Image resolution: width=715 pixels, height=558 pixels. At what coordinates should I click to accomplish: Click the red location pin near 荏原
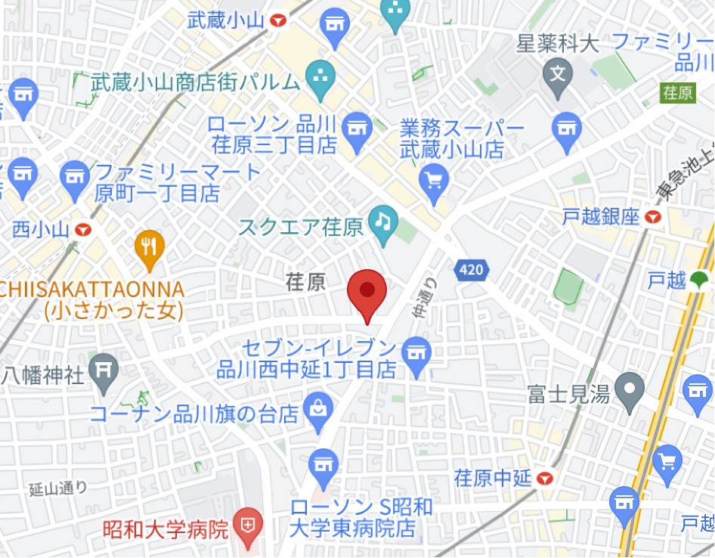pyautogui.click(x=367, y=291)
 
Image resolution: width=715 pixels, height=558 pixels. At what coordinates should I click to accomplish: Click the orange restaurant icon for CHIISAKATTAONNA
pyautogui.click(x=150, y=247)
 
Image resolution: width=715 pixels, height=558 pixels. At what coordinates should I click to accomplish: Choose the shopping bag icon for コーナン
pyautogui.click(x=318, y=408)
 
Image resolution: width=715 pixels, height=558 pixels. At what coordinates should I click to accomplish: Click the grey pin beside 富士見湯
pyautogui.click(x=629, y=390)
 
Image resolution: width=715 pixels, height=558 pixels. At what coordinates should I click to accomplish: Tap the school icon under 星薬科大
pyautogui.click(x=558, y=74)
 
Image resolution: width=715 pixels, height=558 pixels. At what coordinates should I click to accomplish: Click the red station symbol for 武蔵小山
pyautogui.click(x=278, y=20)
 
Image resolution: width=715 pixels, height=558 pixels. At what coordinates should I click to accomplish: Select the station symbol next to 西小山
pyautogui.click(x=83, y=228)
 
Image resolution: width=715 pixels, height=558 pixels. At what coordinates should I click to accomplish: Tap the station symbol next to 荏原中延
pyautogui.click(x=545, y=478)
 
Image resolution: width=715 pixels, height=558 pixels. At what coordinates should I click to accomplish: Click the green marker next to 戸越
pyautogui.click(x=700, y=281)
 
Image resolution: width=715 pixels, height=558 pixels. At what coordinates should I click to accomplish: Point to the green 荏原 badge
pyautogui.click(x=677, y=93)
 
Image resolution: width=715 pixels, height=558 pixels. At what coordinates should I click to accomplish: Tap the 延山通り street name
pyautogui.click(x=58, y=489)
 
